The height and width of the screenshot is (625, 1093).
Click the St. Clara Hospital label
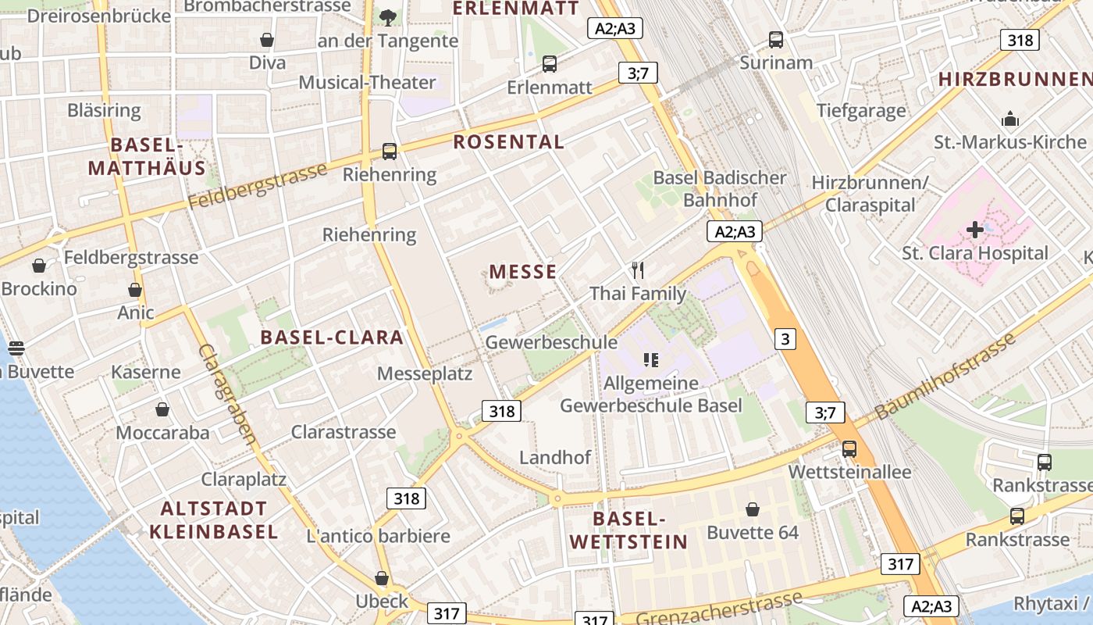[x=974, y=253]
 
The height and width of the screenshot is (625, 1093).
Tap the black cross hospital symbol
[x=974, y=230]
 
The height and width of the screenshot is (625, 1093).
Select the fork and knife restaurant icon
[x=638, y=270]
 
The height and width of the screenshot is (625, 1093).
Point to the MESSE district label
[x=523, y=272]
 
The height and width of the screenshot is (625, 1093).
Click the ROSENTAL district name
[x=508, y=142]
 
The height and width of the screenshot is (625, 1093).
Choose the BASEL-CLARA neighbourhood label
[x=332, y=337]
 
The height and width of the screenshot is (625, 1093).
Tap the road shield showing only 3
[x=785, y=339]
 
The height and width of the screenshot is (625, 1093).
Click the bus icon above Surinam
[x=775, y=39]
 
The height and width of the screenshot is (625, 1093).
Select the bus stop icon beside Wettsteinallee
[x=849, y=449]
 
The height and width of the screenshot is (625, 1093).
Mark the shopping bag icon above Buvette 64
[x=753, y=509]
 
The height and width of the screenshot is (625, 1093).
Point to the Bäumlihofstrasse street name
[x=945, y=376]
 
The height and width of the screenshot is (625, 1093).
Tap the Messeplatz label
[x=425, y=373]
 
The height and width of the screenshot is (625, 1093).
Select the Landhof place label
[x=555, y=457]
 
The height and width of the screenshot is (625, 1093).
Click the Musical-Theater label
[x=367, y=82]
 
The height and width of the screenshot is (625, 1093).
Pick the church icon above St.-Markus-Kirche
[x=1009, y=120]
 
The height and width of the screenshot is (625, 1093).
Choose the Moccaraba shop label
[x=162, y=433]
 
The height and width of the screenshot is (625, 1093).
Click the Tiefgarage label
[x=861, y=110]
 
